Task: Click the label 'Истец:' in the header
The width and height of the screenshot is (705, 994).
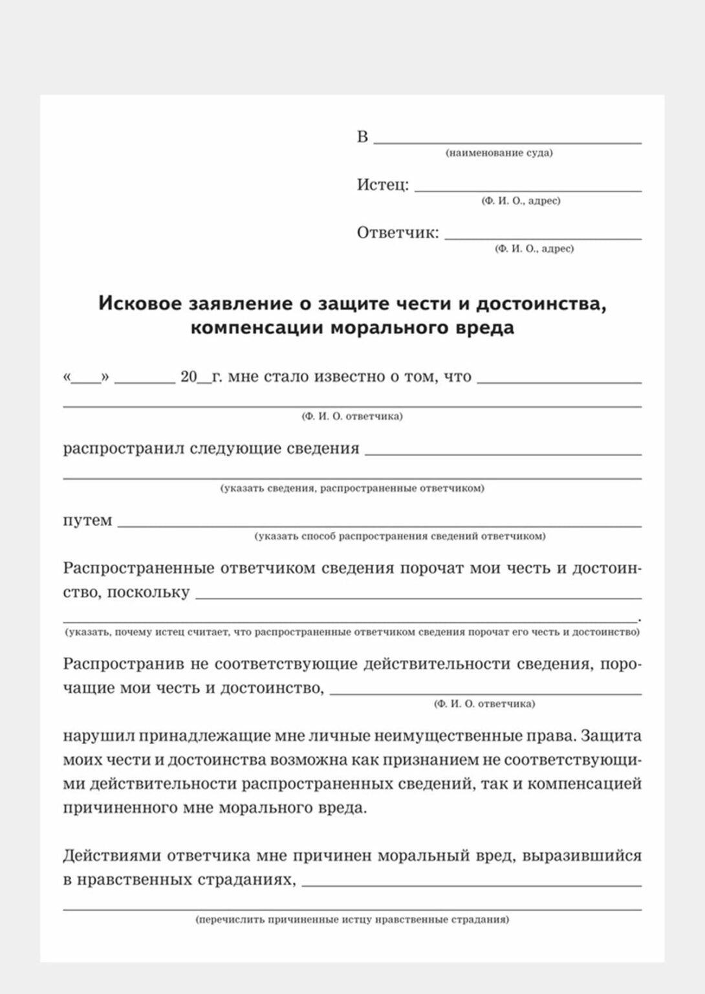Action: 383,185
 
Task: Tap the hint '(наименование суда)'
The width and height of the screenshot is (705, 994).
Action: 499,153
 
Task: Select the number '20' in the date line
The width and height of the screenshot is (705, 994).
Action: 188,377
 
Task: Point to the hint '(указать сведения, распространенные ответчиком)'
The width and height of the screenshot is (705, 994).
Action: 352,489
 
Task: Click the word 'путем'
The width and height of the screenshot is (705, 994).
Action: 87,521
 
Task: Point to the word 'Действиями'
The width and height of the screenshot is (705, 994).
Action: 111,856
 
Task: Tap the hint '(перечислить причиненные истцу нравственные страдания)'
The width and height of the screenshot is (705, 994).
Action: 352,920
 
